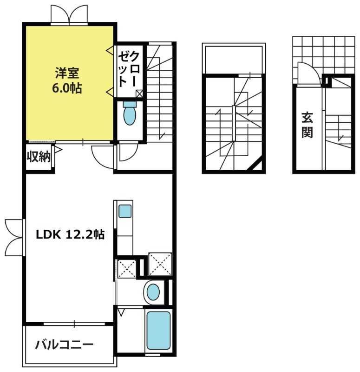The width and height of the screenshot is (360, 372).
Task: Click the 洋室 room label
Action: pyautogui.click(x=67, y=73)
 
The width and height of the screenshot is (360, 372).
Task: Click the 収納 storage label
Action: pyautogui.click(x=38, y=157)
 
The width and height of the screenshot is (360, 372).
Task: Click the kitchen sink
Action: pyautogui.click(x=124, y=212)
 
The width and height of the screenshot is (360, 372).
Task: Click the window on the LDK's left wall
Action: pyautogui.click(x=14, y=237)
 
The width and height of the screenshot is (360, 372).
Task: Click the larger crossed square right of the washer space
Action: pyautogui.click(x=160, y=264)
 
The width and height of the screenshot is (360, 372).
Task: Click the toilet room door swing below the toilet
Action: pyautogui.click(x=126, y=152)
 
